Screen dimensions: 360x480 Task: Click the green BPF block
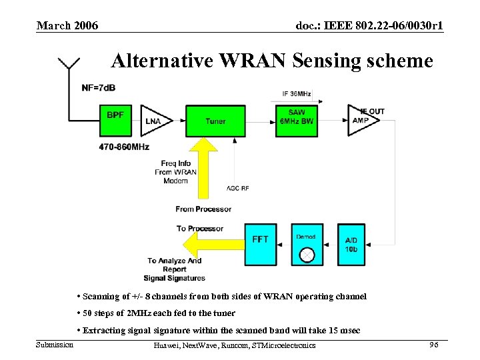point(115,121)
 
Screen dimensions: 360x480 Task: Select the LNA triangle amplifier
point(153,121)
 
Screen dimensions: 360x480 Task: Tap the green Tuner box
point(215,121)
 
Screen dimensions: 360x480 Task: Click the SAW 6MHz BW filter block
point(297,121)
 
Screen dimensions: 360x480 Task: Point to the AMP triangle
point(361,121)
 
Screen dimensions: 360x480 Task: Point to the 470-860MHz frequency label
point(125,147)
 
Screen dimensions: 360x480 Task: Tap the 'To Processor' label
point(200,229)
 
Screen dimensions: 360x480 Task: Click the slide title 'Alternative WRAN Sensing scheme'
point(272,61)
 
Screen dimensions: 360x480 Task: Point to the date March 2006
point(67,25)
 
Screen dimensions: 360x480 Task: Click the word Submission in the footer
point(55,344)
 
